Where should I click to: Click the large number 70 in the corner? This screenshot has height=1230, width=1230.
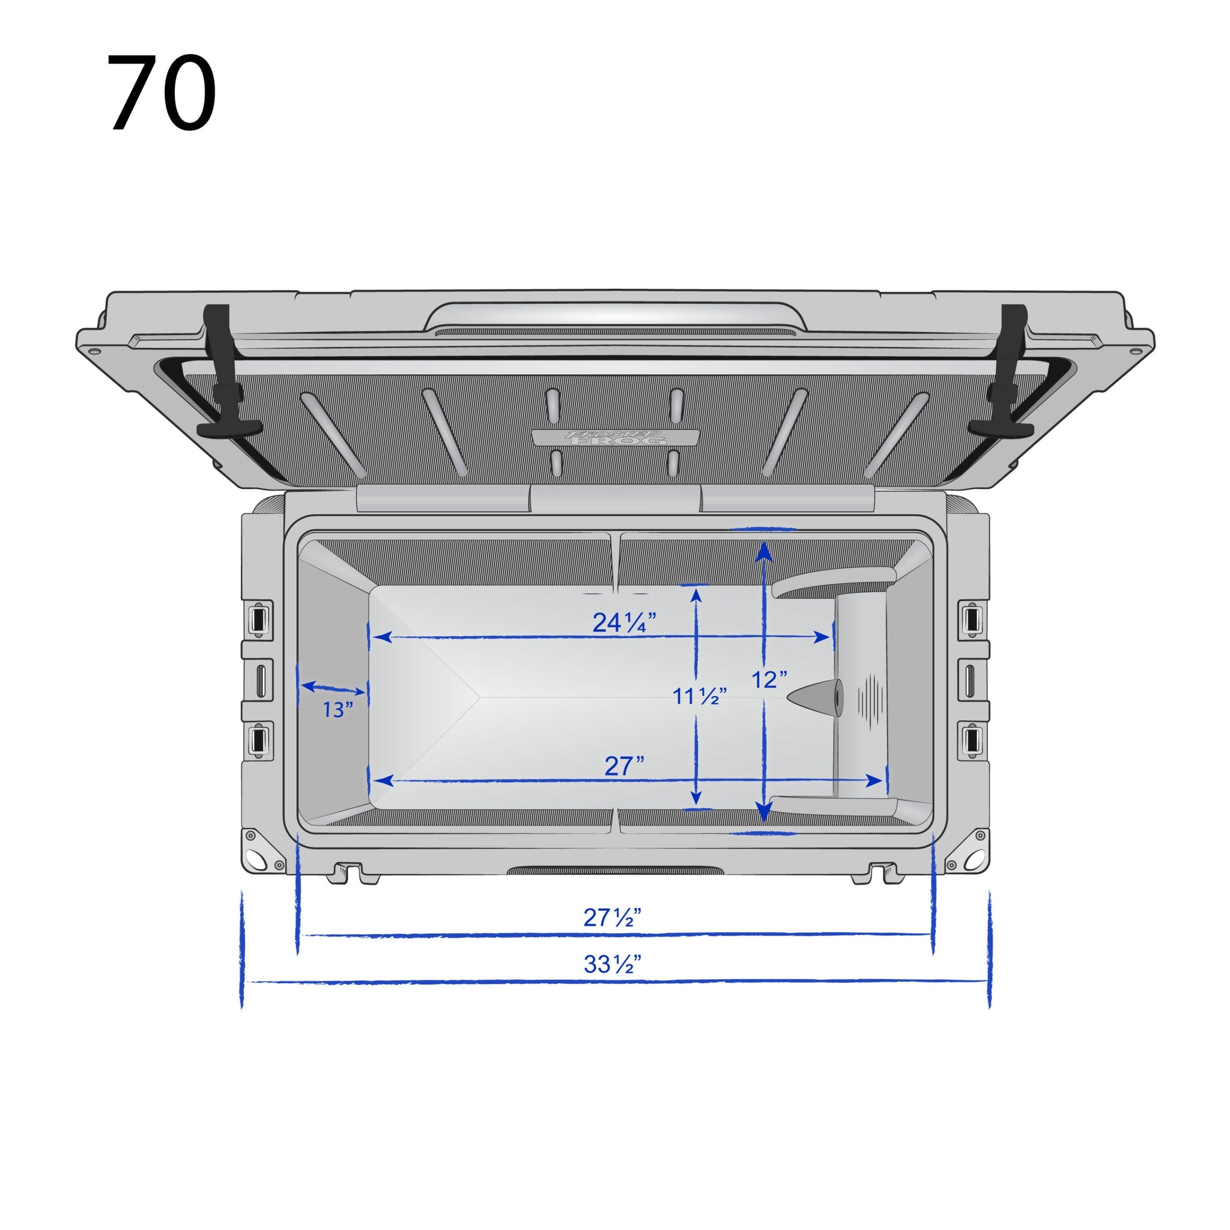point(162,94)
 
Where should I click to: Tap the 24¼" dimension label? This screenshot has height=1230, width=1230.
point(624,623)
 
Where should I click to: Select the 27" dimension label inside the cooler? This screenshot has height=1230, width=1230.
point(624,766)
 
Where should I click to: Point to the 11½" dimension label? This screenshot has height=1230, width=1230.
point(700,697)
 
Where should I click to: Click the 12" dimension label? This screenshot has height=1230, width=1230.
point(769,680)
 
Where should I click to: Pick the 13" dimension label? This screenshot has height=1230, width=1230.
point(337,709)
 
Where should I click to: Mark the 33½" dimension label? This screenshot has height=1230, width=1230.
point(612,965)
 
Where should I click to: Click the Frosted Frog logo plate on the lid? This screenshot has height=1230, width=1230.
point(615,437)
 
